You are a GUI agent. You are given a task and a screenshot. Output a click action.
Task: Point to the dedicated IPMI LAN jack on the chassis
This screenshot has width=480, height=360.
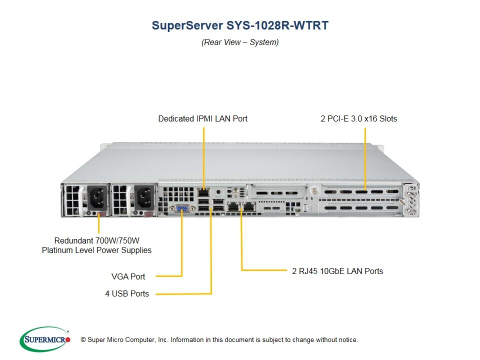coord(203,192)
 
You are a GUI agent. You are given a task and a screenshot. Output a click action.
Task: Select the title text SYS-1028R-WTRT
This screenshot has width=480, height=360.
coord(279,25)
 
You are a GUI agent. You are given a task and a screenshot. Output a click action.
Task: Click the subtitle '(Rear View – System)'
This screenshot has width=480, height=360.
coord(240,42)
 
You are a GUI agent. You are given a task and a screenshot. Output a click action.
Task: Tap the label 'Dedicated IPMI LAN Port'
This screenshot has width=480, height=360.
coord(202,118)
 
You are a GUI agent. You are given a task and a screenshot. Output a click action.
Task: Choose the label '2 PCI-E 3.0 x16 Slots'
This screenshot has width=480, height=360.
coord(358,118)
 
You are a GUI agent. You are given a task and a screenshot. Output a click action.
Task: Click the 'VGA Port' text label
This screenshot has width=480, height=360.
coord(128,276)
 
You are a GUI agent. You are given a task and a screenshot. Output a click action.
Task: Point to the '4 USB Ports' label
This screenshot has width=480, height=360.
coord(127,293)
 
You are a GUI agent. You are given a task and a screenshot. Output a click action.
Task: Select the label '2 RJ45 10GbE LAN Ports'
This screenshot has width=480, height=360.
coord(337,271)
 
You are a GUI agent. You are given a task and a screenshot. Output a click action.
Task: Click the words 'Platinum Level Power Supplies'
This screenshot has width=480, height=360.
coord(96,250)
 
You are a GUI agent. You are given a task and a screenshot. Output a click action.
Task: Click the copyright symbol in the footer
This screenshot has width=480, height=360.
coord(83,340)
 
